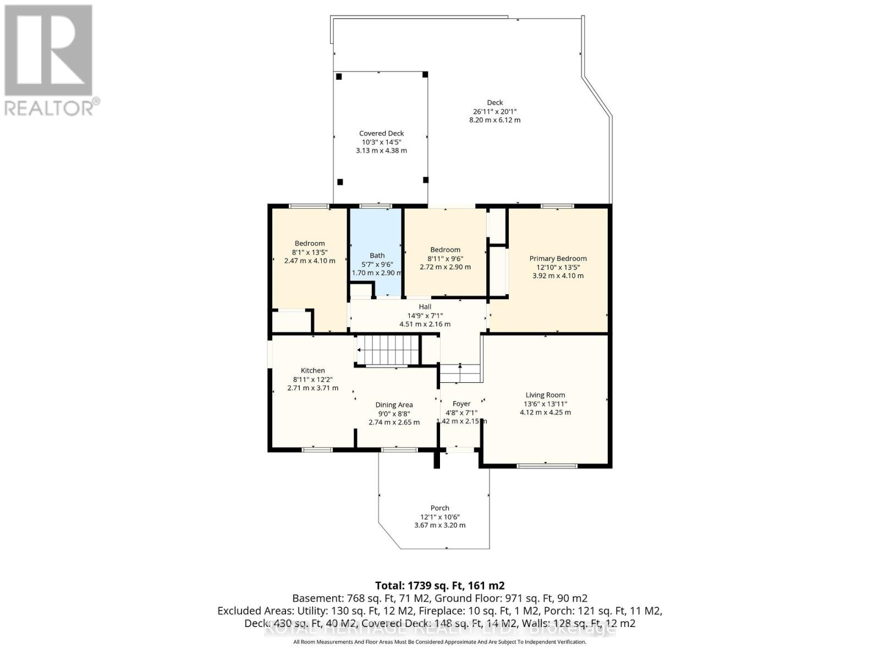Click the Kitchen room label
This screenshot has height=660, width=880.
click(312, 371)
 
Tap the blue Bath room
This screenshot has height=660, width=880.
click(376, 237)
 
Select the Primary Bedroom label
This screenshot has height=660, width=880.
click(558, 258)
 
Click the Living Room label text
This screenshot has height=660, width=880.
click(545, 395)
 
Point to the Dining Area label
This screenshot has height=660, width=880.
click(394, 405)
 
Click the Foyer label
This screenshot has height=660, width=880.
click(461, 404)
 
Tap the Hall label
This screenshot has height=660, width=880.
click(425, 307)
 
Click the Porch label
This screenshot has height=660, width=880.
click(439, 508)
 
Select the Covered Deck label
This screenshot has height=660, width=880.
click(381, 133)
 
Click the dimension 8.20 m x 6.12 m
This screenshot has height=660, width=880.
click(494, 120)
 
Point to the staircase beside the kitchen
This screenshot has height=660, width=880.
click(388, 350)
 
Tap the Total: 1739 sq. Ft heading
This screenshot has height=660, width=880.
click(439, 585)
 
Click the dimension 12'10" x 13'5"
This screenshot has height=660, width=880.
click(558, 267)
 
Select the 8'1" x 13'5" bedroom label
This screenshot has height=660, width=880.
click(310, 252)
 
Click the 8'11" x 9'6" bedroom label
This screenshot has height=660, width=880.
click(445, 258)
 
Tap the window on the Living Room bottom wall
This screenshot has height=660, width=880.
click(547, 466)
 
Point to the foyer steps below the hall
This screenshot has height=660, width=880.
click(460, 373)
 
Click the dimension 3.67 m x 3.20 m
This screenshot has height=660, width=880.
click(439, 525)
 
